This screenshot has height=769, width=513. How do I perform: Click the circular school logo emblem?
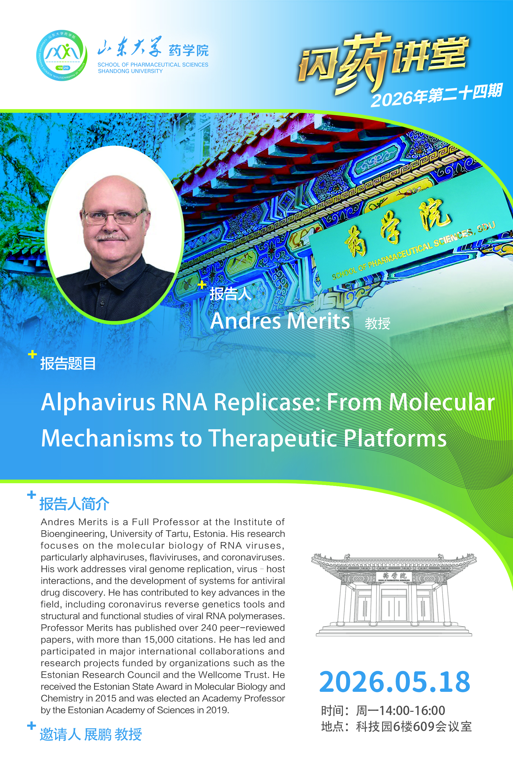click(62, 55)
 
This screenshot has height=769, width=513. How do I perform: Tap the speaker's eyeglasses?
click(114, 216)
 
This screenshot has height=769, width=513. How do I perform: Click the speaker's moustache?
click(112, 236)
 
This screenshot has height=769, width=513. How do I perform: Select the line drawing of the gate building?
click(394, 595)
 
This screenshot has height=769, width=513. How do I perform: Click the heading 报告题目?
click(68, 364)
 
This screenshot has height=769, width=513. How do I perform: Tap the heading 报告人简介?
click(74, 503)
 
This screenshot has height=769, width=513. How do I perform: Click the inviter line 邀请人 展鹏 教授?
click(90, 734)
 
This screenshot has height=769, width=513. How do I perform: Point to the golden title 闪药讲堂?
click(383, 62)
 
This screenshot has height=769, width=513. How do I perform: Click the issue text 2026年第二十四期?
click(436, 95)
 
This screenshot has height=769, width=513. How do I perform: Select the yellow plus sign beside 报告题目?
click(32, 354)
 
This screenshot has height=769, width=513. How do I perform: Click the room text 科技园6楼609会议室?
click(414, 726)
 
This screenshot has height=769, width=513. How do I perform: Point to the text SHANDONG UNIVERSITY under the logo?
click(130, 71)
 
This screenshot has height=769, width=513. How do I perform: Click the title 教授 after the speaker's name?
click(378, 323)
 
